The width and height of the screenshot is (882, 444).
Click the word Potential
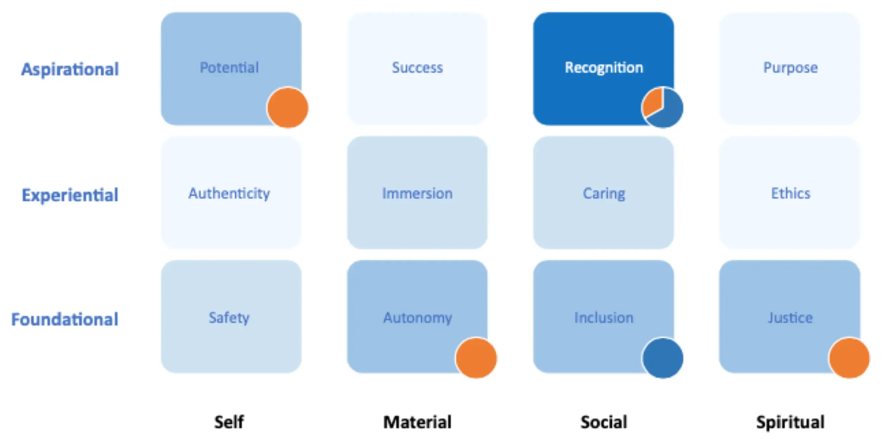tap(229, 68)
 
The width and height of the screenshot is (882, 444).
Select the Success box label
tap(417, 68)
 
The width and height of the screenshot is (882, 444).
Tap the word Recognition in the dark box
tap(604, 68)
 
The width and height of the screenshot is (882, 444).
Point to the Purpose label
tap(790, 68)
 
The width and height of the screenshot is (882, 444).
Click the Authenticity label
tap(229, 193)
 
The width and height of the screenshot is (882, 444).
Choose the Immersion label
tap(417, 193)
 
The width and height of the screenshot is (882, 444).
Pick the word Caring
tap(604, 193)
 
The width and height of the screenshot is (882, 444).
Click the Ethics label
tap(790, 193)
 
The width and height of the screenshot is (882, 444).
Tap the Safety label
tap(229, 318)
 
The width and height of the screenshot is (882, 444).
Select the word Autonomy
tap(417, 318)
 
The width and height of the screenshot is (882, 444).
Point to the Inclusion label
tap(604, 318)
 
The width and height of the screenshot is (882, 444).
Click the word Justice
tap(790, 318)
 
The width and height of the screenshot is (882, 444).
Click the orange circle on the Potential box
tap(288, 108)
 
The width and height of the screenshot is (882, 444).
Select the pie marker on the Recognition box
tap(662, 108)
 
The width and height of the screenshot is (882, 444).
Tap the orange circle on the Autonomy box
tap(476, 358)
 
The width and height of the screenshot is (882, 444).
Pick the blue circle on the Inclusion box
tap(663, 358)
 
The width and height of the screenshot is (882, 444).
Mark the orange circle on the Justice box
tap(849, 358)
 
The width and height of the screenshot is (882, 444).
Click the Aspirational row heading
tap(70, 70)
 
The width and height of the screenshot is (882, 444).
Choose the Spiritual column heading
tap(790, 422)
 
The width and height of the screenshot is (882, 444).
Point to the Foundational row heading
tap(65, 319)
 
